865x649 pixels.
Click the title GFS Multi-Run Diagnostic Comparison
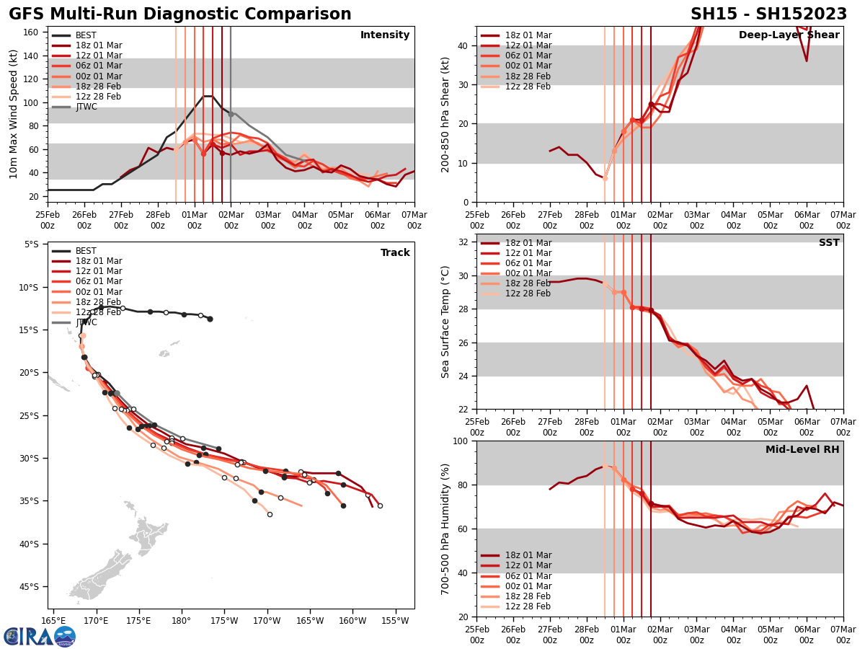[180, 14]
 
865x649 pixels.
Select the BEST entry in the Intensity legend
[86, 35]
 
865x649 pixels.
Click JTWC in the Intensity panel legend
[86, 107]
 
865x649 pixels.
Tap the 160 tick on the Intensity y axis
[33, 32]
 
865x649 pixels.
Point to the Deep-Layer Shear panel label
[789, 35]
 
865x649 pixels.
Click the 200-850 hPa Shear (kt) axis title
[446, 114]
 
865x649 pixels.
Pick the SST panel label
[828, 243]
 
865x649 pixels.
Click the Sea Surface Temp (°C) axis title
[446, 322]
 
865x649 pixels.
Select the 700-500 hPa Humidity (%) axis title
[446, 529]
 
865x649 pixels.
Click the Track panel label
[395, 253]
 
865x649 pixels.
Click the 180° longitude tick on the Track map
[181, 621]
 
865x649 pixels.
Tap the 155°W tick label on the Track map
[394, 621]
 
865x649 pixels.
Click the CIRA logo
[40, 636]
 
